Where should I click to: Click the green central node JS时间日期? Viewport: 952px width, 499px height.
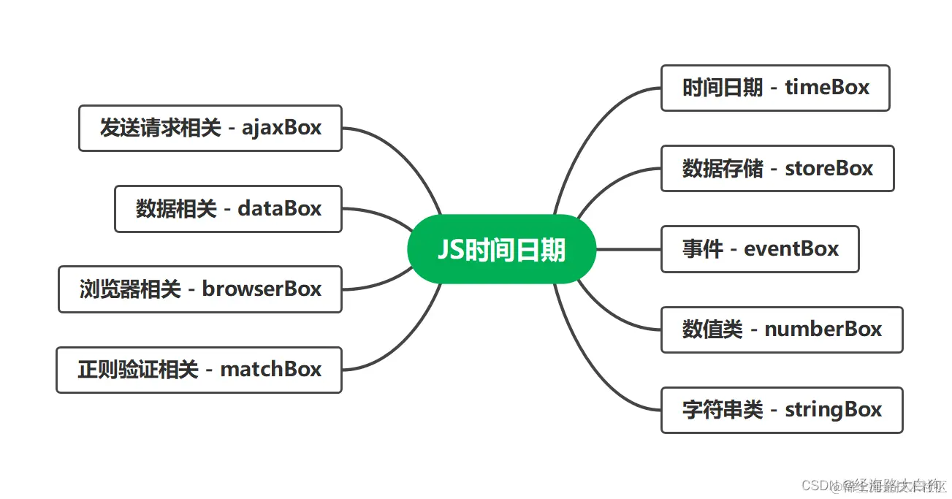click(501, 249)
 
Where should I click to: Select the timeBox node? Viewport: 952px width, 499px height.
click(774, 88)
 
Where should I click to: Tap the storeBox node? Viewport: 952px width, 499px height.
click(777, 169)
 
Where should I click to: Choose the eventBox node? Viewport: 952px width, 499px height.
click(759, 249)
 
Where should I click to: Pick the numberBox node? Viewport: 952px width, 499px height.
click(781, 330)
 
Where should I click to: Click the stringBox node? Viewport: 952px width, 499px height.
click(781, 410)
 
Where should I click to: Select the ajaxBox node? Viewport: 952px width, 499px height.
click(210, 129)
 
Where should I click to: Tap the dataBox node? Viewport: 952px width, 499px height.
click(228, 209)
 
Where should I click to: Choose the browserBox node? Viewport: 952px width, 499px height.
click(199, 289)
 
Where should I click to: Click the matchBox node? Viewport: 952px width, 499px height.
click(199, 370)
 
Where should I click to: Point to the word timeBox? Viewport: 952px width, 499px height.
click(827, 88)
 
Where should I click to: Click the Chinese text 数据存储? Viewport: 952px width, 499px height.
click(712, 169)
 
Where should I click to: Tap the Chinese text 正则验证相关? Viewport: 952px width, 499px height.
click(138, 370)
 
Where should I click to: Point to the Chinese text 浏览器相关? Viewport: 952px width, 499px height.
click(130, 289)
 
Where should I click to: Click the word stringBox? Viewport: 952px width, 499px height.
click(833, 410)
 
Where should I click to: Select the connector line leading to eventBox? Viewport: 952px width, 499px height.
click(628, 249)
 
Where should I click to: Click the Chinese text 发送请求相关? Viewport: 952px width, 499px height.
click(160, 129)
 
